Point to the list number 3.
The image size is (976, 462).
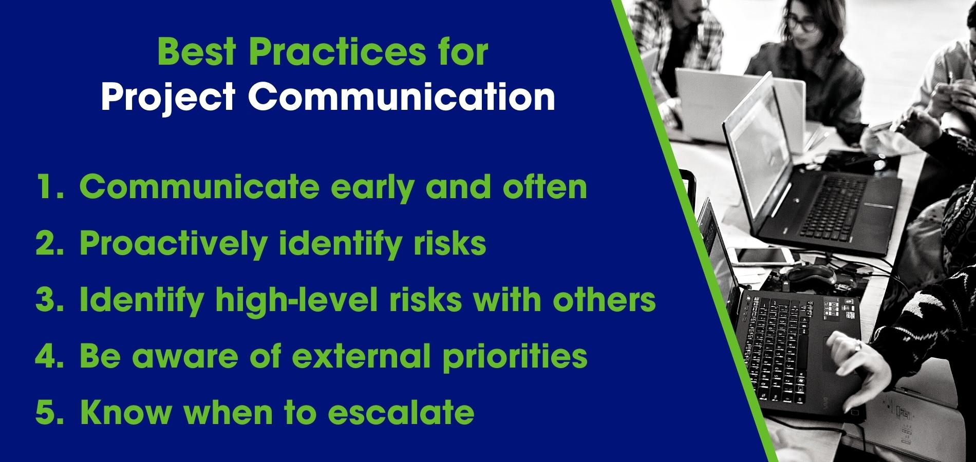pyautogui.click(x=50, y=300)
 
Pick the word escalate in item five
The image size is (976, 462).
pyautogui.click(x=401, y=413)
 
